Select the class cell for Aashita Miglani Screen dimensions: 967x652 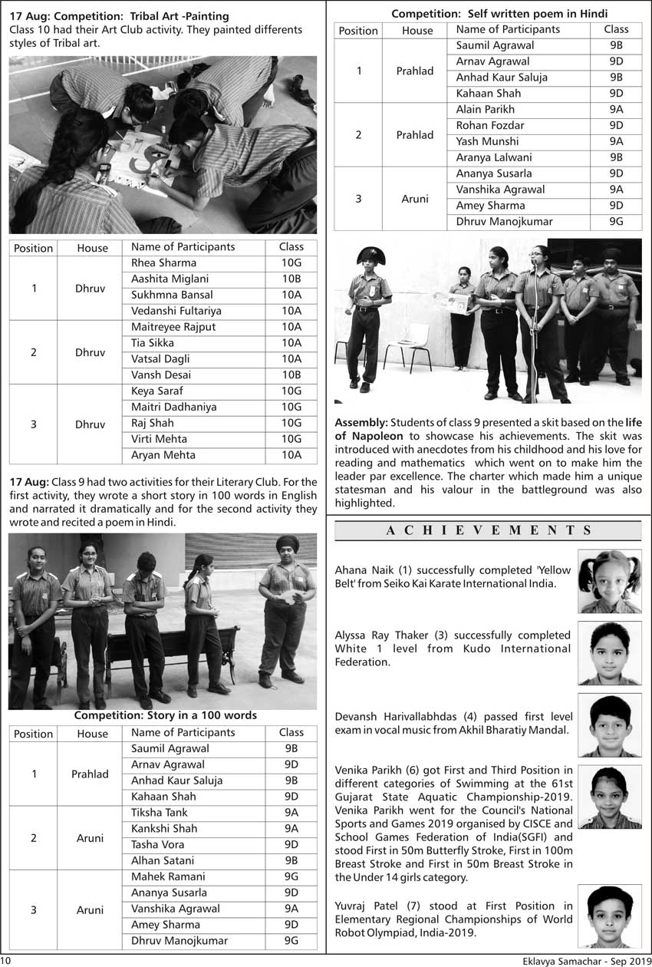coord(291,279)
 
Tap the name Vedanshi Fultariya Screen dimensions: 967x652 coord(176,311)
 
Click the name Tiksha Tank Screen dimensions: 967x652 coord(159,813)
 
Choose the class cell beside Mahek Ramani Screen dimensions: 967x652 coord(291,876)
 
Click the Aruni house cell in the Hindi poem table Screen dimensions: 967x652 coord(415,198)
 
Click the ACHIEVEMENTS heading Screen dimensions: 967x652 coord(489,530)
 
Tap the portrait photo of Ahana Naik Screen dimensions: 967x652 coord(610,581)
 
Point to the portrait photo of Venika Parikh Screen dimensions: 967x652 coord(610,797)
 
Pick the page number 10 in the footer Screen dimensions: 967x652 coord(6,960)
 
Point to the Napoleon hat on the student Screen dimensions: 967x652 coord(370,256)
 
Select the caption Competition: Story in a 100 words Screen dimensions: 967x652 coord(165,715)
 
